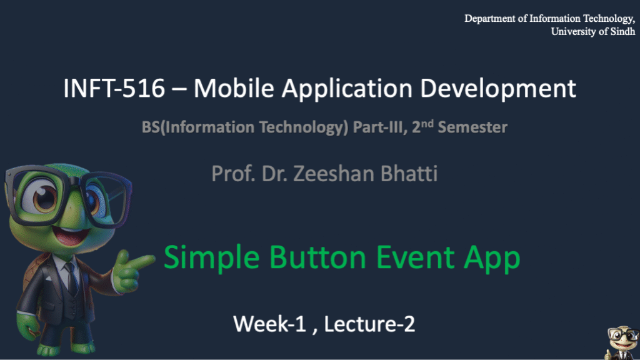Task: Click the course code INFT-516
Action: pyautogui.click(x=114, y=88)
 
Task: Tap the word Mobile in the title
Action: pyautogui.click(x=234, y=88)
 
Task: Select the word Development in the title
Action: pyautogui.click(x=498, y=89)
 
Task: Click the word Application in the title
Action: pyautogui.click(x=347, y=89)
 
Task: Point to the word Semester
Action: pyautogui.click(x=472, y=127)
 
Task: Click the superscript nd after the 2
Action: pyautogui.click(x=427, y=123)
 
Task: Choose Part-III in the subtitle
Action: pyautogui.click(x=380, y=127)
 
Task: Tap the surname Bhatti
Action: pyautogui.click(x=409, y=174)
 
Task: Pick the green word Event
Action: pyautogui.click(x=415, y=257)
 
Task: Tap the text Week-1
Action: pyautogui.click(x=269, y=324)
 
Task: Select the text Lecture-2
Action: pyautogui.click(x=369, y=324)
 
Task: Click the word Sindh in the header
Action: pyautogui.click(x=622, y=31)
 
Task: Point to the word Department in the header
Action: pyautogui.click(x=490, y=19)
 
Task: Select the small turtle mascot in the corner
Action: pyautogui.click(x=622, y=343)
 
